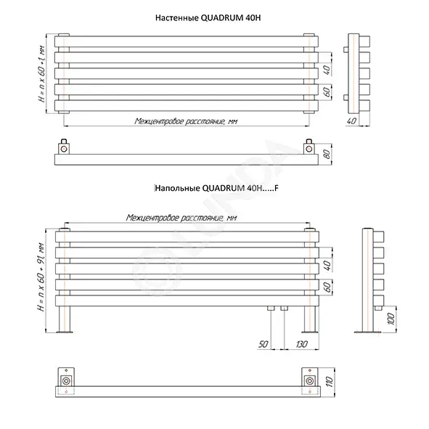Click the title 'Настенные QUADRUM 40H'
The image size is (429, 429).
click(208, 18)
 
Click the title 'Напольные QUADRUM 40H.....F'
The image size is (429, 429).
click(217, 188)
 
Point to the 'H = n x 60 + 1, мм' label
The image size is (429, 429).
click(42, 73)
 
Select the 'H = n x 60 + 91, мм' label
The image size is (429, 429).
click(41, 277)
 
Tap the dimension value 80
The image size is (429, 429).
click(327, 155)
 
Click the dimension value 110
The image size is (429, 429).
click(330, 382)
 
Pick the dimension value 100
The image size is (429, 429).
click(391, 319)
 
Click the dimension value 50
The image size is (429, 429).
click(263, 344)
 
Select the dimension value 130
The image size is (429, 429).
click(301, 344)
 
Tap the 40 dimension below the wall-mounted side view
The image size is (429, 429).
click(351, 120)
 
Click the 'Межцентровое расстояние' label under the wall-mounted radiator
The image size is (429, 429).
click(186, 121)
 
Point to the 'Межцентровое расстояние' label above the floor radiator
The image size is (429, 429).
click(181, 218)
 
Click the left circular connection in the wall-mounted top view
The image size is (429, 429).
click(64, 149)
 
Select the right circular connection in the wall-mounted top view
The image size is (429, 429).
click(309, 149)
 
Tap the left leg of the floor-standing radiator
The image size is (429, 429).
click(65, 319)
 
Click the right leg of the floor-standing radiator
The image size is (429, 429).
click(310, 319)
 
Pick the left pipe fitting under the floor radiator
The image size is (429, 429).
click(271, 309)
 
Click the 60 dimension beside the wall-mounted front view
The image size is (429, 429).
click(327, 92)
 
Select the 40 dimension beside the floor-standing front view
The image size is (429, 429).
click(327, 266)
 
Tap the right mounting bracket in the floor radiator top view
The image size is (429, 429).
click(310, 381)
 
